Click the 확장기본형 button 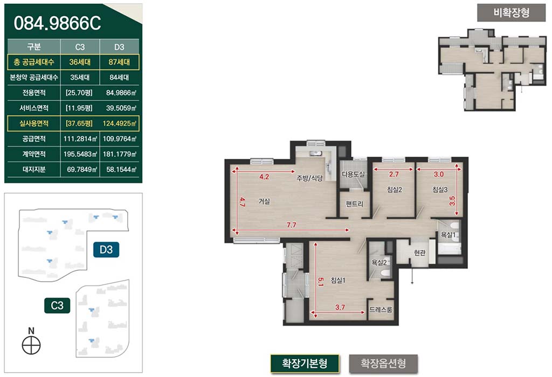tap(305, 364)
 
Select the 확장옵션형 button tap(383, 364)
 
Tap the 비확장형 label tap(511, 13)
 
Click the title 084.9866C tap(57, 23)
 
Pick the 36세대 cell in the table tap(80, 62)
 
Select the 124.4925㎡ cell tap(119, 123)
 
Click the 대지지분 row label tap(34, 169)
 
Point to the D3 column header tap(119, 47)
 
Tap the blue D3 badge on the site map tap(106, 250)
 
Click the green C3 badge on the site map tap(57, 305)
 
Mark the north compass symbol tap(31, 345)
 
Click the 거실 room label tap(264, 201)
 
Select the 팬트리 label tap(354, 204)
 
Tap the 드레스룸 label tap(381, 310)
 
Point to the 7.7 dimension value tap(291, 225)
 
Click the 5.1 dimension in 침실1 tap(320, 282)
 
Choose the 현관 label tap(419, 253)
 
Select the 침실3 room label tap(440, 190)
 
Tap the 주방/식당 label tap(309, 178)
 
